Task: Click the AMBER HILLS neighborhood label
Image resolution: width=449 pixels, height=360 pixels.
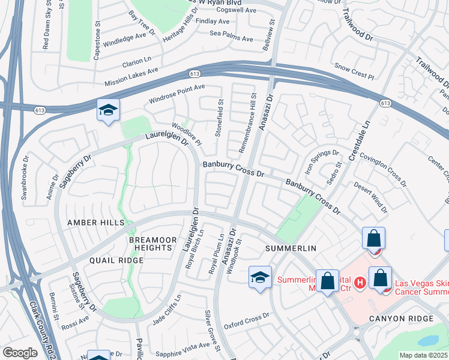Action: pyautogui.click(x=96, y=222)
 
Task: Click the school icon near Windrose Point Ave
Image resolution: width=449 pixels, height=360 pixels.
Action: pyautogui.click(x=108, y=110)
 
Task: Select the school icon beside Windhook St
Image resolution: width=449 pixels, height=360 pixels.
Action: pyautogui.click(x=259, y=278)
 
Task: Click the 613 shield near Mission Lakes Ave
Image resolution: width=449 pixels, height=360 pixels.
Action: pyautogui.click(x=193, y=73)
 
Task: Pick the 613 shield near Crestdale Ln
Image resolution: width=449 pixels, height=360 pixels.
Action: pyautogui.click(x=385, y=104)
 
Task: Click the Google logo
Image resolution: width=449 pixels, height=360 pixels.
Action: pyautogui.click(x=19, y=353)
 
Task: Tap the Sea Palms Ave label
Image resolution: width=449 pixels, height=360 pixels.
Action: pyautogui.click(x=231, y=38)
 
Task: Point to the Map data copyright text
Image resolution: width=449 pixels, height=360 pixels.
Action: pyautogui.click(x=424, y=355)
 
